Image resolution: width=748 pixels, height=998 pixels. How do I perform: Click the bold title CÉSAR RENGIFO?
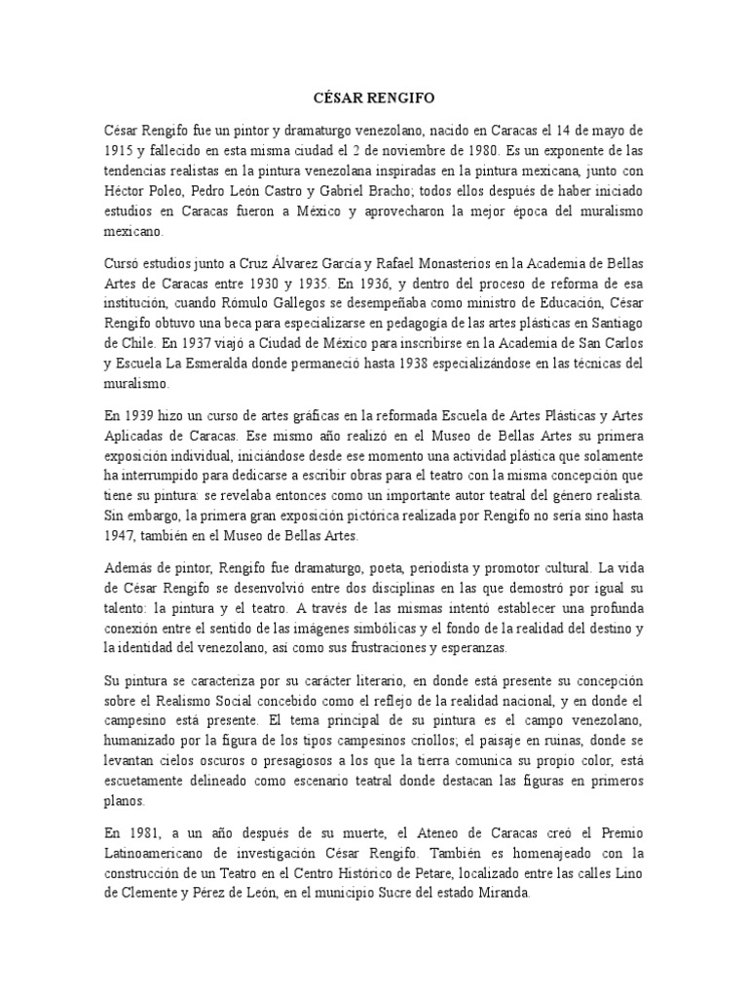pyautogui.click(x=373, y=99)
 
